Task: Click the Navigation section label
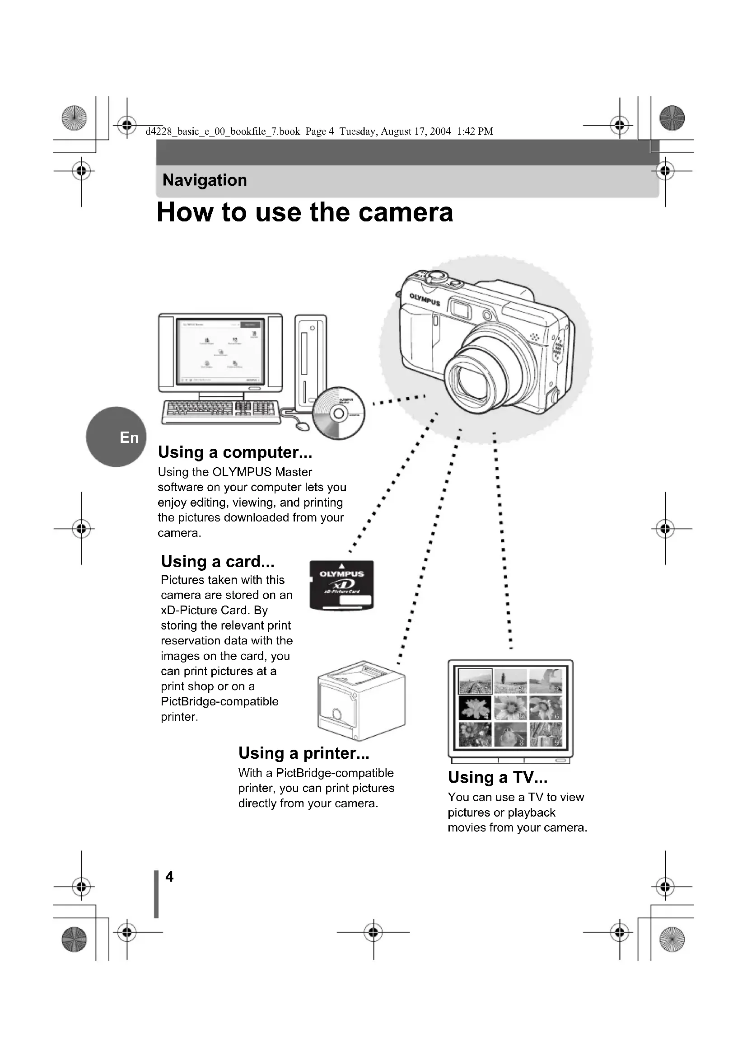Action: tap(205, 180)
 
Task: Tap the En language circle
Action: tap(117, 437)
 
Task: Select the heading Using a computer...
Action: tap(234, 452)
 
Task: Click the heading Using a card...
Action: tap(218, 561)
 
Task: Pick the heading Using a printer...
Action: tap(303, 753)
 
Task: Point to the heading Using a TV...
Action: tap(498, 777)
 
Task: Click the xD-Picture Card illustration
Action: tap(341, 585)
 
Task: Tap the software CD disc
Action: tap(339, 413)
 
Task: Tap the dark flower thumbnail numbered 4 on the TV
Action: tap(475, 708)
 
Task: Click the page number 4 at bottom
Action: tap(169, 876)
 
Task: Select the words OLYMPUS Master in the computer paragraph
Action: tap(262, 472)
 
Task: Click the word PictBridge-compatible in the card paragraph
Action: tap(219, 702)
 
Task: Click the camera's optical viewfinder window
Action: tap(460, 309)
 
